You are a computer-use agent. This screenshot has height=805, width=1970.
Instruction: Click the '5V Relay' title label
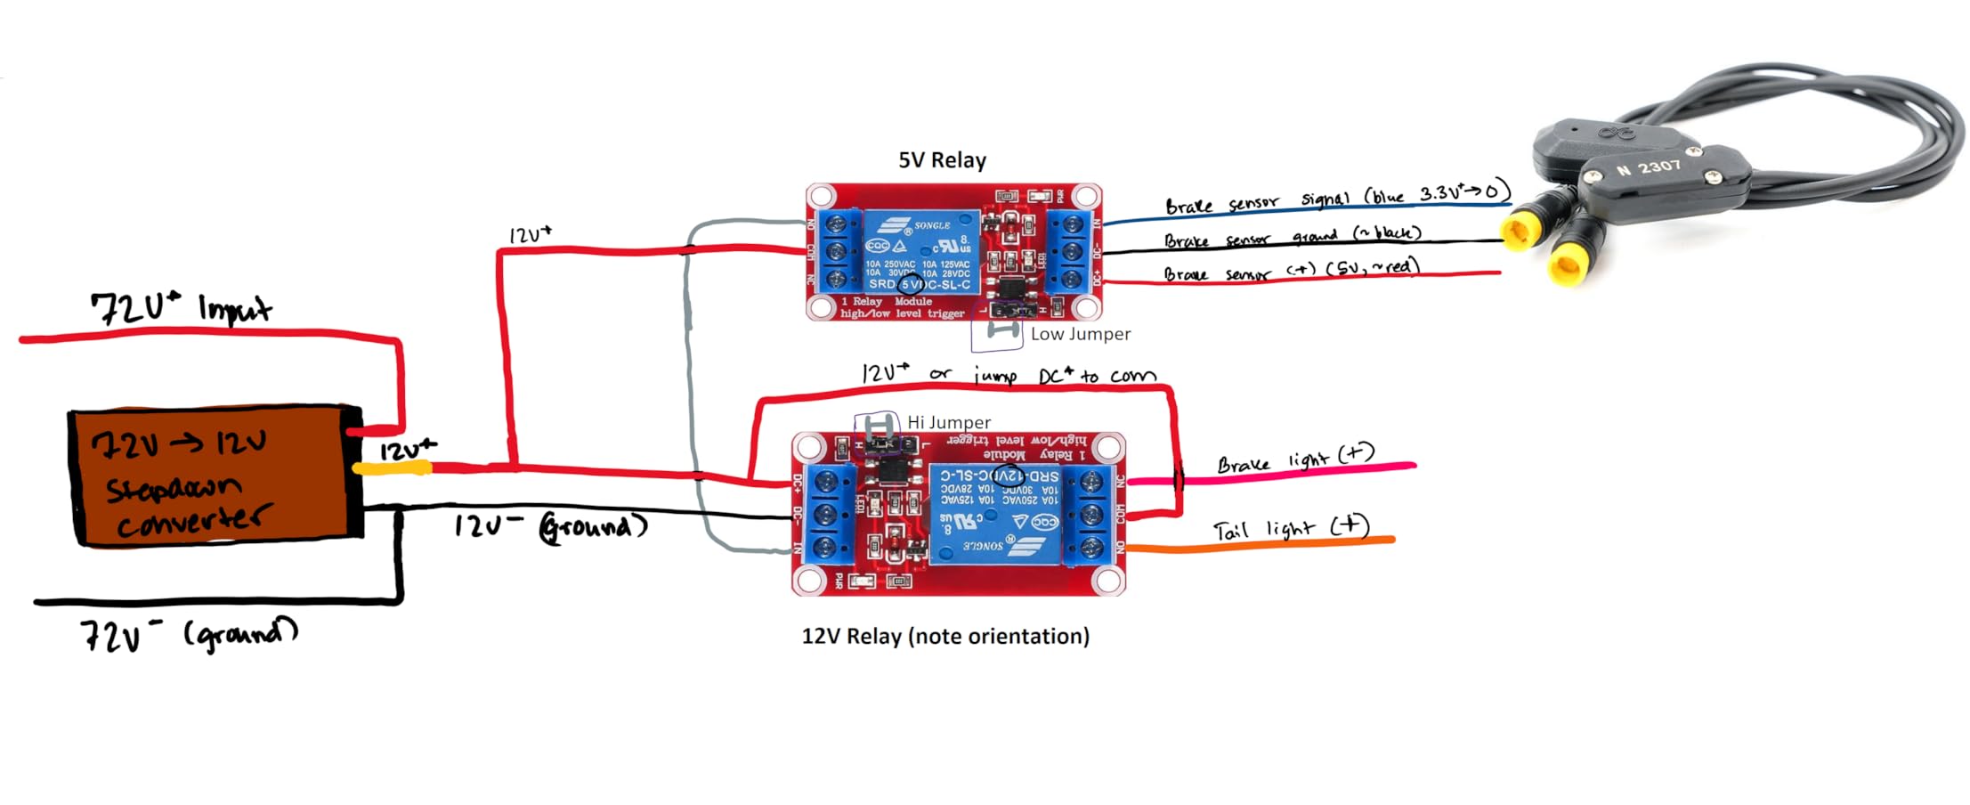942,160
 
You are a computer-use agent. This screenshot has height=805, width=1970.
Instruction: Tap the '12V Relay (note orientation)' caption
945,636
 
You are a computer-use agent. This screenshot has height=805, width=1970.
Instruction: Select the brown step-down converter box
214,476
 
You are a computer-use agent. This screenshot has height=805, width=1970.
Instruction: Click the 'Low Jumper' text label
1080,334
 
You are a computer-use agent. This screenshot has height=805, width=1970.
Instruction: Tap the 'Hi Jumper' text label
948,422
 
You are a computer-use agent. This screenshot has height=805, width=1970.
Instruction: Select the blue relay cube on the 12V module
995,514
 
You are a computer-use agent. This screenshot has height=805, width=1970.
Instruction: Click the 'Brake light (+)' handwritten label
1295,459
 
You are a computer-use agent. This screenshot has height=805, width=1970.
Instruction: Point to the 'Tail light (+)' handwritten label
1291,528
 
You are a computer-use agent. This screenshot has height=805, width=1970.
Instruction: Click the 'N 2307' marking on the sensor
1648,167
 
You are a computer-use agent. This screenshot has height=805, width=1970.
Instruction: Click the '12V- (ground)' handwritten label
550,526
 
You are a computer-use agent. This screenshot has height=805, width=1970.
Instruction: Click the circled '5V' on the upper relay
910,285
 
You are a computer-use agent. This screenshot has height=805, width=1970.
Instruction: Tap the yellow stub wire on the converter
392,468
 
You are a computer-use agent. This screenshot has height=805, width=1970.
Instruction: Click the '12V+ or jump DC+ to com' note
1009,375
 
